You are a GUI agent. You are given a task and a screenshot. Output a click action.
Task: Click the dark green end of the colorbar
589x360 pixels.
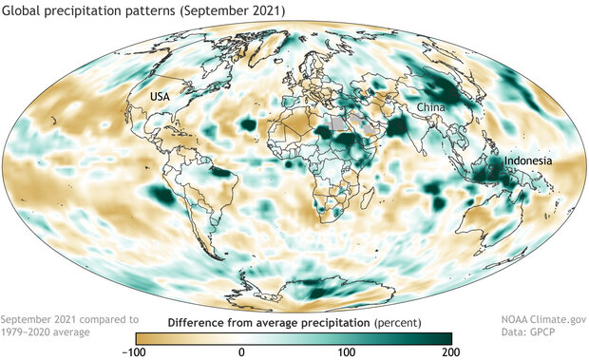coord(445,337)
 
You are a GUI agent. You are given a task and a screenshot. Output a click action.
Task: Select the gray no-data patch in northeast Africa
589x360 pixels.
coord(337,124)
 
